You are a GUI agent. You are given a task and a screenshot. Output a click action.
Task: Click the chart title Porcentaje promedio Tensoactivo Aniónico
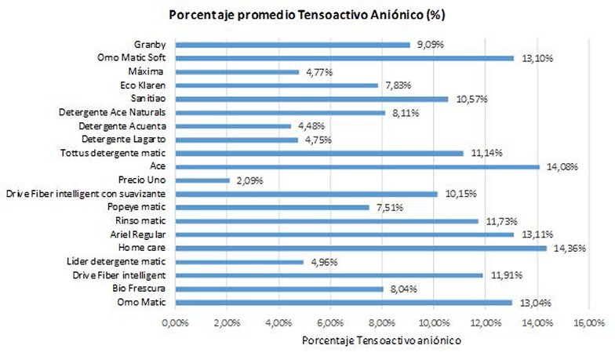point(307,15)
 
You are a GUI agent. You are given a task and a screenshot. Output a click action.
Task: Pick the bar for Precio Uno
point(202,180)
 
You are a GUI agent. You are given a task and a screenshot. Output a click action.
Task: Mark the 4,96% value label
point(322,262)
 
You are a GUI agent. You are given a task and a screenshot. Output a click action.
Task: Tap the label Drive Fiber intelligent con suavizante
point(88,194)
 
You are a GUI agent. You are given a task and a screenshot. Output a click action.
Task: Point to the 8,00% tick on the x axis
point(382,322)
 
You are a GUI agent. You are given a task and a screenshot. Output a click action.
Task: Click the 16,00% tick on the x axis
point(588,322)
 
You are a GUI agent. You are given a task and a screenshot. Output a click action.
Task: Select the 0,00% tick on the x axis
point(175,322)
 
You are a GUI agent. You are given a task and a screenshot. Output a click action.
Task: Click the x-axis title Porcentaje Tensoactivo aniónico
point(381,341)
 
